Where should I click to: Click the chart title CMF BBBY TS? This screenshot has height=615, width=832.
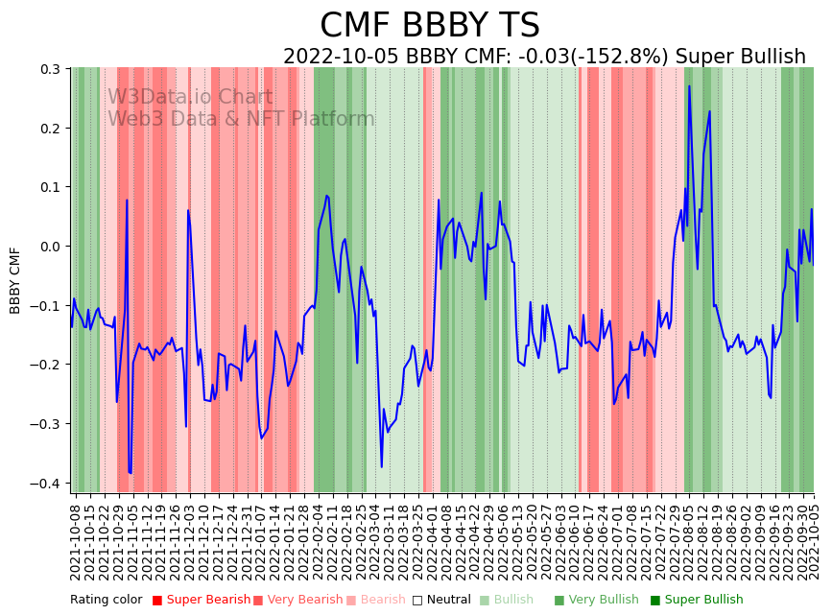coord(429,26)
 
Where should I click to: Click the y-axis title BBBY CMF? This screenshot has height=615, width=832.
coord(15,280)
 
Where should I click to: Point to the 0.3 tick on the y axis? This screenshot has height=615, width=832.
coord(49,69)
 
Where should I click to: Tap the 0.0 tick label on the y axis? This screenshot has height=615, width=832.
coord(49,247)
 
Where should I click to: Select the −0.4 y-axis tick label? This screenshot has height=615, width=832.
coord(45,484)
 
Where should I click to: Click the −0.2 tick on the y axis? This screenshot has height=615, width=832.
coord(45,365)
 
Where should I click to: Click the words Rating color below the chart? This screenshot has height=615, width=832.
coord(106,601)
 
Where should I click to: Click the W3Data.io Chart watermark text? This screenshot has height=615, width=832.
coord(190,97)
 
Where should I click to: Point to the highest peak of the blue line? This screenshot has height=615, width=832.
coord(688,86)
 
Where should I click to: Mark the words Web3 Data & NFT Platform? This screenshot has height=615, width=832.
coord(241,119)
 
